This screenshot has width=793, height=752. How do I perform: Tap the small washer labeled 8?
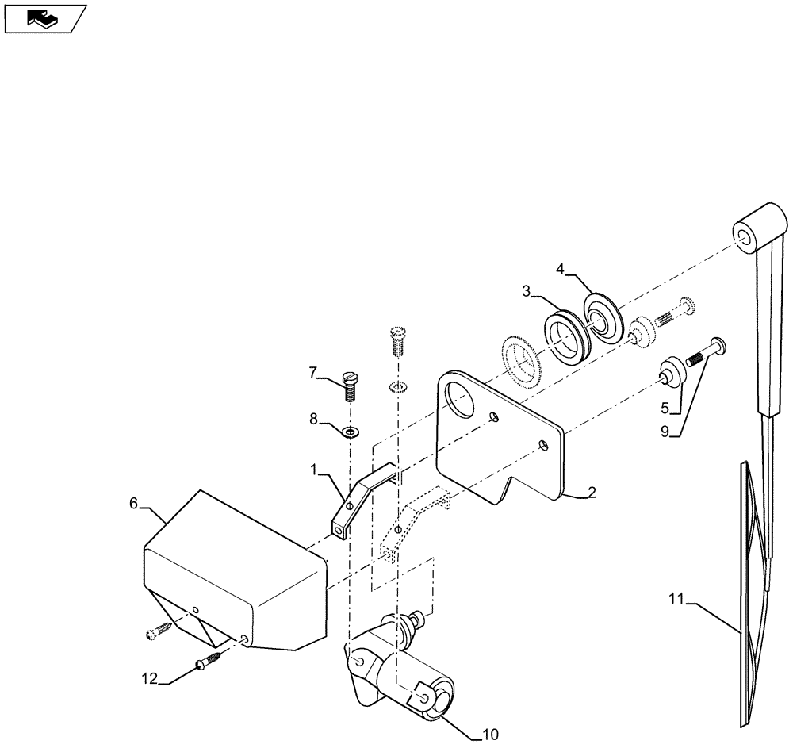pos(350,432)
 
